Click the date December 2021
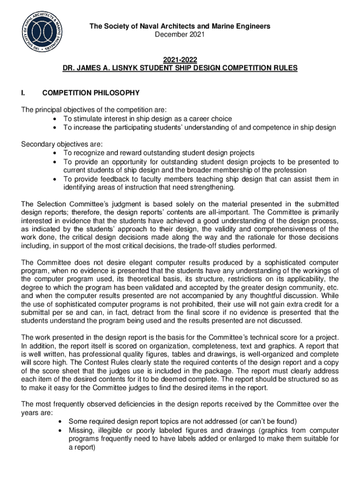click(x=180, y=35)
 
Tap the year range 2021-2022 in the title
click(x=180, y=59)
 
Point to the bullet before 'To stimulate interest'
click(x=56, y=119)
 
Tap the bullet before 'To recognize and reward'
click(x=56, y=153)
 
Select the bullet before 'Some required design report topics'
click(x=61, y=421)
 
